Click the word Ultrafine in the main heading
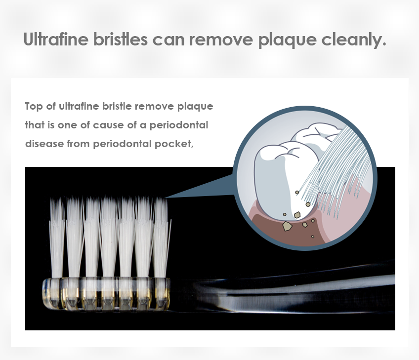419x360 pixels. pyautogui.click(x=56, y=39)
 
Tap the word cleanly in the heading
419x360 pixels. pyautogui.click(x=354, y=40)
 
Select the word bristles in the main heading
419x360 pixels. pyautogui.click(x=120, y=39)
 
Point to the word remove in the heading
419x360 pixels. pyautogui.click(x=221, y=40)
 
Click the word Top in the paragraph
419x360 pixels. pyautogui.click(x=34, y=106)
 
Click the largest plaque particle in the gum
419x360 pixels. pyautogui.click(x=287, y=226)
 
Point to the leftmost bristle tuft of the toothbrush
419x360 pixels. pyautogui.click(x=57, y=238)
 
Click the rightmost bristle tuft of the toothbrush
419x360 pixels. pyautogui.click(x=162, y=238)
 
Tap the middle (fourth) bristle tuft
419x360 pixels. pyautogui.click(x=109, y=238)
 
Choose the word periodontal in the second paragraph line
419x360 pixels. pyautogui.click(x=178, y=125)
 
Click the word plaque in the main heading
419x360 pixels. pyautogui.click(x=287, y=40)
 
